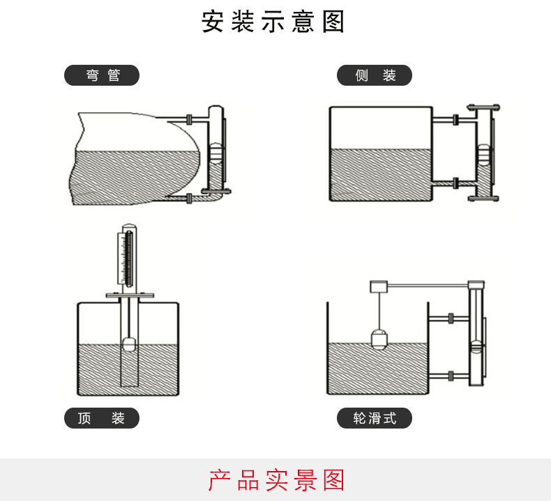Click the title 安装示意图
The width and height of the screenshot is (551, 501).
(x=274, y=22)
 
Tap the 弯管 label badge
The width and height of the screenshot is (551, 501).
(x=102, y=75)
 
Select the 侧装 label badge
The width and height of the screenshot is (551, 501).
(x=375, y=75)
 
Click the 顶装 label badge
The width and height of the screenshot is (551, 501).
(x=102, y=418)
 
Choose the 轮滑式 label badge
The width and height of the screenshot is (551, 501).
(x=375, y=418)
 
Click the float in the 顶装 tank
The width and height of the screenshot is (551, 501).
(x=129, y=344)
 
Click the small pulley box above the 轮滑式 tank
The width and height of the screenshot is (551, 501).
(x=379, y=286)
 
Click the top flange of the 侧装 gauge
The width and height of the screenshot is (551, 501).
(x=484, y=107)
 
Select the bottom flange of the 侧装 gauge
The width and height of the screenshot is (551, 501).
(x=483, y=199)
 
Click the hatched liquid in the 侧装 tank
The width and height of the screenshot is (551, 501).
(x=380, y=174)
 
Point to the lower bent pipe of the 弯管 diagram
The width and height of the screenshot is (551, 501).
(x=202, y=199)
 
